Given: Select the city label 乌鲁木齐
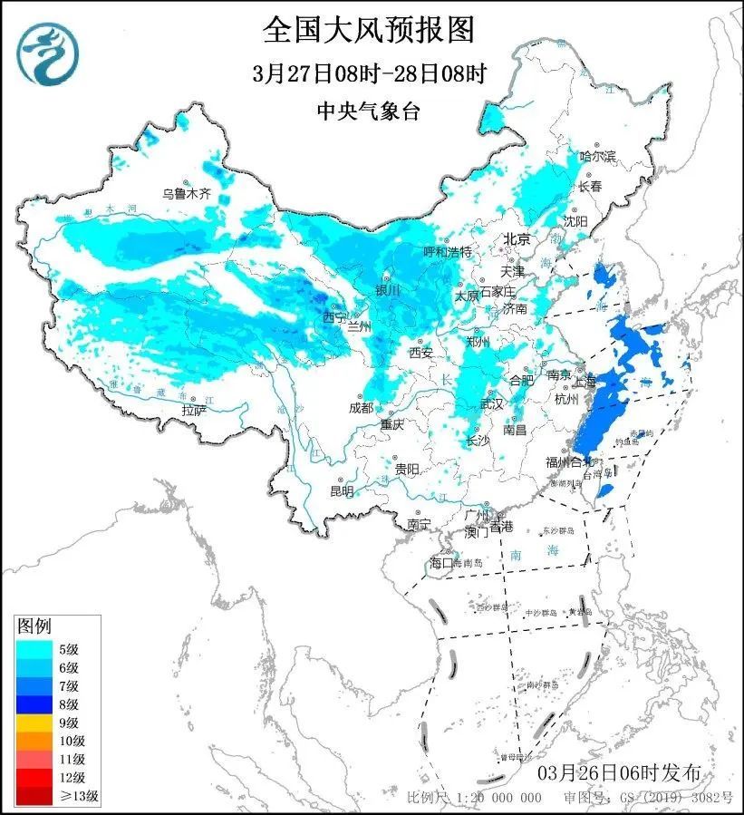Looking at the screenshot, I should (x=186, y=193).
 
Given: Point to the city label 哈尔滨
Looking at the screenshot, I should (x=597, y=157).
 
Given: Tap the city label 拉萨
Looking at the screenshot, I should (x=194, y=411).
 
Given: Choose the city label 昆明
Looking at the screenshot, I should (x=342, y=491).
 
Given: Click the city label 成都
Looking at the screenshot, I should (x=360, y=408).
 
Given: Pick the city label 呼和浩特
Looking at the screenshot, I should (x=448, y=252).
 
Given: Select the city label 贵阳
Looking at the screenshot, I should (x=407, y=469).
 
